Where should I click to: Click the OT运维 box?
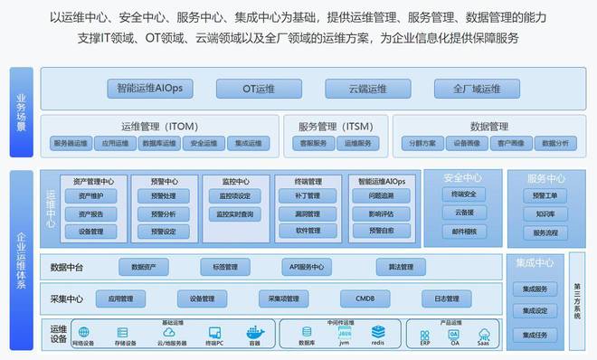[258, 89]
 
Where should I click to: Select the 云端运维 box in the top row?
[368, 89]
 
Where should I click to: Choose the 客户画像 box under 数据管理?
[511, 143]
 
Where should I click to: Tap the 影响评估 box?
[381, 213]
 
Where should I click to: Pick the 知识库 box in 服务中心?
[545, 213]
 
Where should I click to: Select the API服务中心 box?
[307, 267]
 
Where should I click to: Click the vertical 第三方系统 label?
[578, 301]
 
